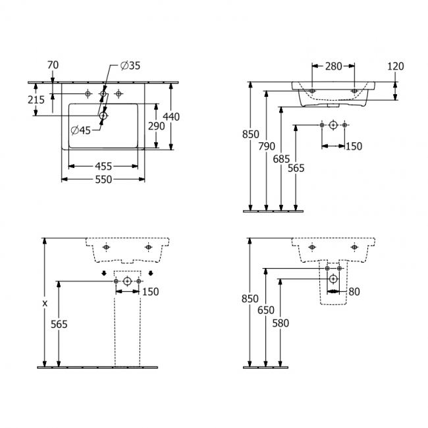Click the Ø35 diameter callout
[x=130, y=65]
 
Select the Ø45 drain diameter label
[x=80, y=130]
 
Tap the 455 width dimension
[x=103, y=166]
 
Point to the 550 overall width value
[x=103, y=179]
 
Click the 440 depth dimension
[x=171, y=117]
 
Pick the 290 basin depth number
[x=157, y=126]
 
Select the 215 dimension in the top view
[x=36, y=100]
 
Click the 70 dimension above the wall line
[x=53, y=65]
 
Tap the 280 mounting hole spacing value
[x=333, y=66]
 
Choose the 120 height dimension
[x=396, y=66]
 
